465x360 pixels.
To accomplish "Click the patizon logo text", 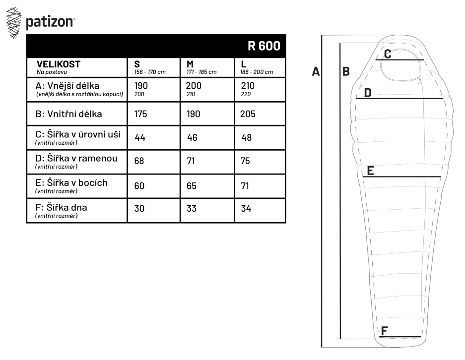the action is coord(50,22).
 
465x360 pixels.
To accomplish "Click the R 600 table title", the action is coord(264,46).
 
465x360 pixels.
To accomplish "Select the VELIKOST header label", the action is coord(59,64).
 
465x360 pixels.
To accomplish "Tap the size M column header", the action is coord(190,64).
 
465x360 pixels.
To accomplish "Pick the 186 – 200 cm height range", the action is coord(257,72).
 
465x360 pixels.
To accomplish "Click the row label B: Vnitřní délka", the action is coord(68,114).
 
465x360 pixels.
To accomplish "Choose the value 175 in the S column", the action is coord(140,114).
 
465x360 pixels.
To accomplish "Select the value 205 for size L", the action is coord(248,114).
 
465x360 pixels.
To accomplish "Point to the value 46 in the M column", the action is coord(192,138).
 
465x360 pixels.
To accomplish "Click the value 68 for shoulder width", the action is coord(139,161).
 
